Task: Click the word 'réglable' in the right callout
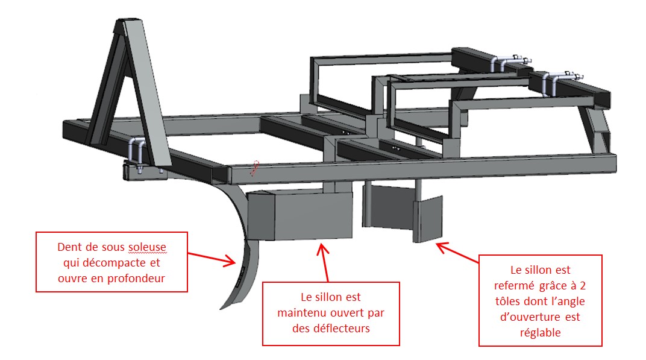click(x=540, y=332)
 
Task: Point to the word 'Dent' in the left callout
click(x=68, y=247)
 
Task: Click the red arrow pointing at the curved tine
click(x=211, y=257)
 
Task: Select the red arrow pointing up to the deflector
click(x=325, y=259)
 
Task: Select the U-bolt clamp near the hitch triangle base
click(x=136, y=149)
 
